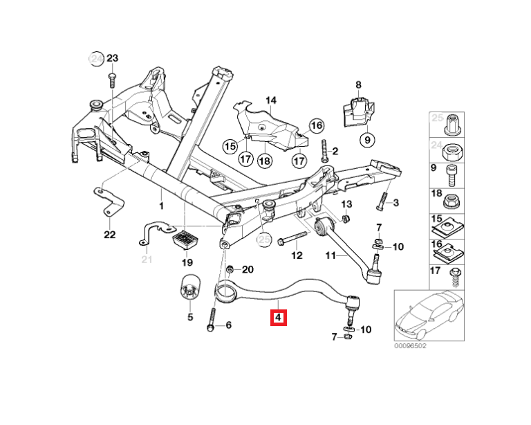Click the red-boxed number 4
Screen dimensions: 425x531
click(x=278, y=318)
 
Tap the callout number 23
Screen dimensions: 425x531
click(x=113, y=58)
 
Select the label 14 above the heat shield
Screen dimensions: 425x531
click(x=270, y=101)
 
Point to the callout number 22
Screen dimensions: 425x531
click(x=109, y=235)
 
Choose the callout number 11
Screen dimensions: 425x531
click(x=331, y=255)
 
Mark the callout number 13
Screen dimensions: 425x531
click(x=346, y=204)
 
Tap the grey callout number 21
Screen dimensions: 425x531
click(x=146, y=260)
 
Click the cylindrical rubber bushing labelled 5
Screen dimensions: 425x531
click(x=189, y=289)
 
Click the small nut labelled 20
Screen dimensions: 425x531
click(x=230, y=269)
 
